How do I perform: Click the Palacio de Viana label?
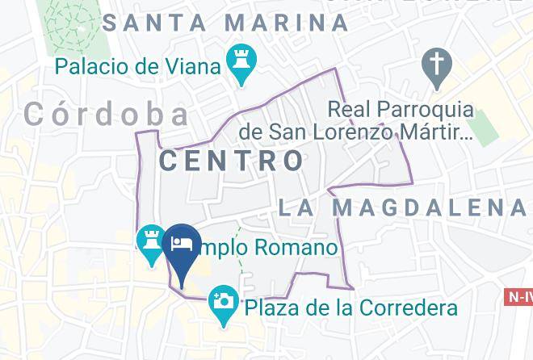[138, 65]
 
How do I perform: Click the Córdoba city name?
[107, 115]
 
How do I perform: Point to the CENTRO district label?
[232, 160]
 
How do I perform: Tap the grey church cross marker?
[437, 66]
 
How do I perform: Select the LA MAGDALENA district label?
[401, 207]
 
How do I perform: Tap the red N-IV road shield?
[518, 297]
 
